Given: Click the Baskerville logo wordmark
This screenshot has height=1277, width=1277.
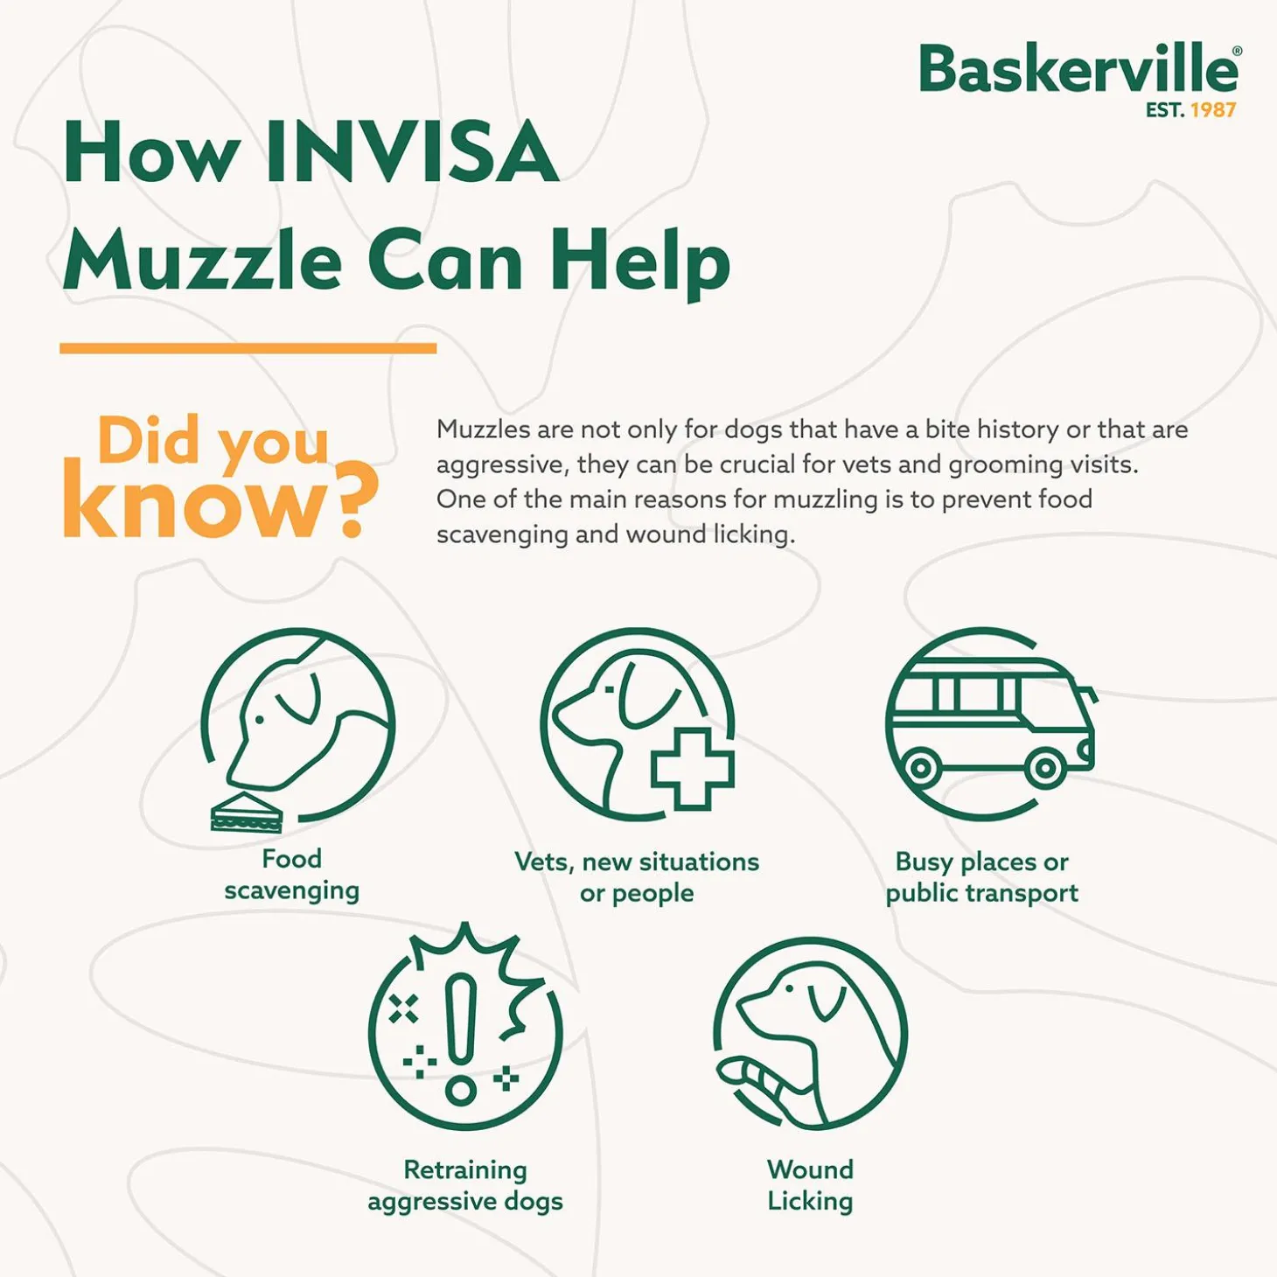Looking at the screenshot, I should pos(1078,70).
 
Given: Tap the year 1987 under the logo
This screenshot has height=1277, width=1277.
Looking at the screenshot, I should pos(1213,110).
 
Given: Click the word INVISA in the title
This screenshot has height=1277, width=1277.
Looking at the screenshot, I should pos(411,153).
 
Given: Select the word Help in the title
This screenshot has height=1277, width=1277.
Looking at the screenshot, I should pos(639,260).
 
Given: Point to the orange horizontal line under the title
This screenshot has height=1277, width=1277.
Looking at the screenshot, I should pos(248,348).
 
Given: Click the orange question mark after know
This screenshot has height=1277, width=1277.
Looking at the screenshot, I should pos(356,500).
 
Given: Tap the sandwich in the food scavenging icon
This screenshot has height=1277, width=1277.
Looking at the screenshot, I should pos(246,813).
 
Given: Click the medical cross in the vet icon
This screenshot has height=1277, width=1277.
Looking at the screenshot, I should pos(692,767).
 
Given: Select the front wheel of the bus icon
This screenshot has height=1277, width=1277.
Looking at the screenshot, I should pos(1045,770).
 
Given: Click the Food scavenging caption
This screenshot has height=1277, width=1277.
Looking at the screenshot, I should pos(291,875).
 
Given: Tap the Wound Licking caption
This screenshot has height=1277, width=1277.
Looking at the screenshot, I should pos(810,1185).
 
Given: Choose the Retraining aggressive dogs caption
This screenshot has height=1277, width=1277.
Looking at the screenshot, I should pos(465,1185).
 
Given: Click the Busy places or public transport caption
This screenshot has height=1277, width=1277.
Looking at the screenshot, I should pos(981,877).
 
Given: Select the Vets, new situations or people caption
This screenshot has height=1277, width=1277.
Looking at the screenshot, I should pos(637,877).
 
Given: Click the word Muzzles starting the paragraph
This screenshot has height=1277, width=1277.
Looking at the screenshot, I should pos(483,429).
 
